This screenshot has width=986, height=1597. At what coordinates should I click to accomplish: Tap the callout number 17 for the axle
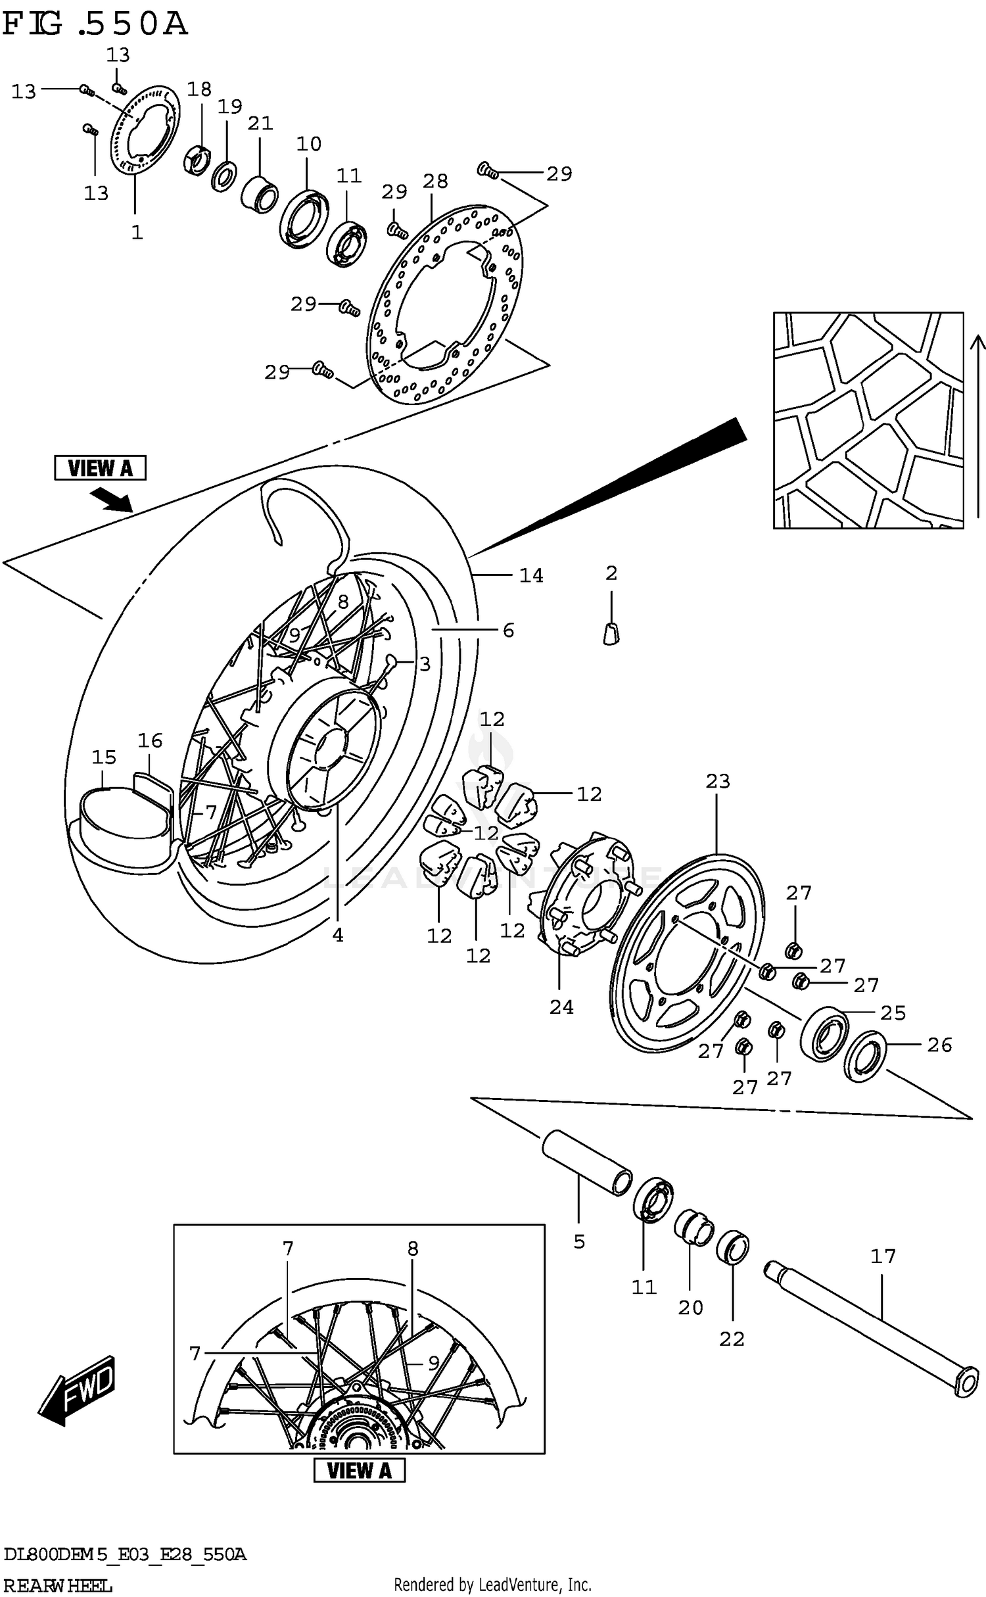coord(882,1256)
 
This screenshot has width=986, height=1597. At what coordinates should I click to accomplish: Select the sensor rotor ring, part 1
coord(145,131)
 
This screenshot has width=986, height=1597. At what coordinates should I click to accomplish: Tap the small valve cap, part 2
coord(611,633)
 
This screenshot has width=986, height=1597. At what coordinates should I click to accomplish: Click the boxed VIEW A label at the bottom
coord(359,1470)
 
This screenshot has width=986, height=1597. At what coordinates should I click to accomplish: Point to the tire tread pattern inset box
coord(868,420)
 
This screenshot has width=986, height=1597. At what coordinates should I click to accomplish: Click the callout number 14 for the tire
coord(531,575)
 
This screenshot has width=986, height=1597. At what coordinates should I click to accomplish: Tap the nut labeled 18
coord(197,160)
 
